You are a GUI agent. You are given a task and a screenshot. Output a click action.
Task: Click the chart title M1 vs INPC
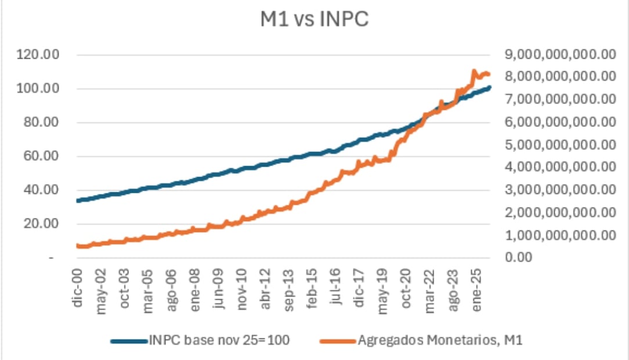(314, 19)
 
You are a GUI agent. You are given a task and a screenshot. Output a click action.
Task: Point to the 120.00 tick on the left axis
(39, 55)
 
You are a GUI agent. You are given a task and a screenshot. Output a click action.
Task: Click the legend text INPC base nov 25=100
(220, 340)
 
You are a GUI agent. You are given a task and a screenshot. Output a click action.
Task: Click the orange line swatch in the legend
(338, 341)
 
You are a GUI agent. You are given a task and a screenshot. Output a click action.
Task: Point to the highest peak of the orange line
(474, 71)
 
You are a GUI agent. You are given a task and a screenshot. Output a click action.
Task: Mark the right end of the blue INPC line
(490, 88)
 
